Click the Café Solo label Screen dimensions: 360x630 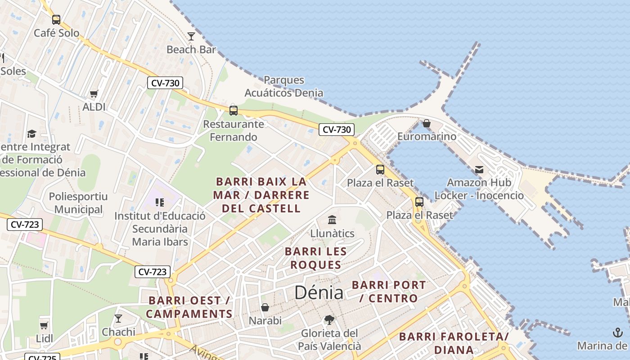[x=56, y=33]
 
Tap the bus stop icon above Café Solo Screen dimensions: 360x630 [x=56, y=20]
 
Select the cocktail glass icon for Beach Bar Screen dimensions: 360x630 [x=191, y=36]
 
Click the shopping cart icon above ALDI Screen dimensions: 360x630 [x=94, y=94]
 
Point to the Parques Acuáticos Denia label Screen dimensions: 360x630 [x=283, y=86]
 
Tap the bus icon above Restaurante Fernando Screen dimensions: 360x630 [x=233, y=110]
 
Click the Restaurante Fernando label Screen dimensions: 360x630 [x=234, y=130]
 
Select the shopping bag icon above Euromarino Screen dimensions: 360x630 [x=427, y=123]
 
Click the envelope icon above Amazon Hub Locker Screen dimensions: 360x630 [x=479, y=170]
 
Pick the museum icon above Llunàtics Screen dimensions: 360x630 [x=332, y=220]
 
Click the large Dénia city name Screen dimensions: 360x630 [x=319, y=293]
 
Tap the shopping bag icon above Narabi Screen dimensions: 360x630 [x=265, y=307]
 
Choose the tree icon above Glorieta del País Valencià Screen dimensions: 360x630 [x=329, y=320]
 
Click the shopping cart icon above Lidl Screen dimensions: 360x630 [x=44, y=325]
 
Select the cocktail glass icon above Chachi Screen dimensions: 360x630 [x=118, y=319]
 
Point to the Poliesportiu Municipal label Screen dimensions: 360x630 [x=78, y=203]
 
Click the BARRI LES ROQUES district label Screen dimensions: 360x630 [x=316, y=258]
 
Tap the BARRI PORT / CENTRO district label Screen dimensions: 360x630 [x=389, y=291]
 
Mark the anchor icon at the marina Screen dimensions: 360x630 [x=617, y=333]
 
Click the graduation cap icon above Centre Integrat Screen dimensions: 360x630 [x=31, y=134]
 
